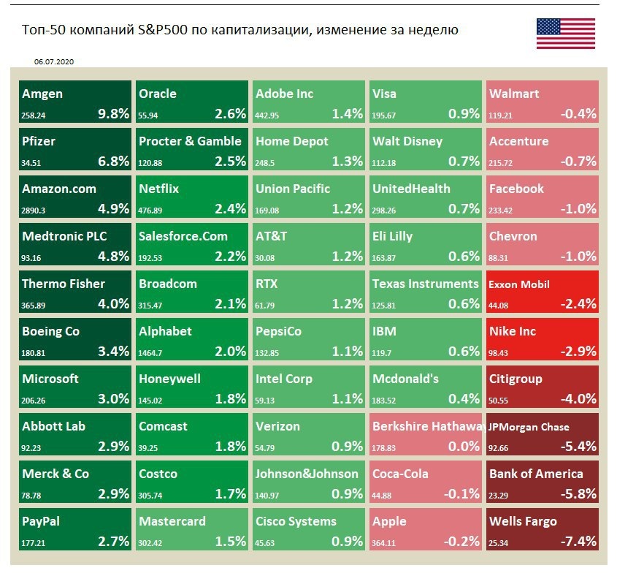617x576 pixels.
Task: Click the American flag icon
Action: pyautogui.click(x=565, y=34)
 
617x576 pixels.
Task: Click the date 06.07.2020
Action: pyautogui.click(x=54, y=63)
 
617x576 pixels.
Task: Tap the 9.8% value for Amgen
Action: pyautogui.click(x=113, y=113)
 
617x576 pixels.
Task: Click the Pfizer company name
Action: pyautogui.click(x=39, y=141)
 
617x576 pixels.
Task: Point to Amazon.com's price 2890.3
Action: pyautogui.click(x=34, y=210)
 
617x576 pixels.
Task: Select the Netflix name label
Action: pyautogui.click(x=160, y=189)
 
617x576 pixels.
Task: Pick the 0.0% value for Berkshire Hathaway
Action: pyautogui.click(x=464, y=446)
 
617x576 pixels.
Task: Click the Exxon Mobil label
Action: pyautogui.click(x=519, y=284)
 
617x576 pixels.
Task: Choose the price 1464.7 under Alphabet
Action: pyautogui.click(x=150, y=352)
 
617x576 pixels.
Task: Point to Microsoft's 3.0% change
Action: pyautogui.click(x=113, y=398)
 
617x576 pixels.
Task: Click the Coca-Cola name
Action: pyautogui.click(x=400, y=474)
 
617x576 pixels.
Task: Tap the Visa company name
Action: pyautogui.click(x=385, y=94)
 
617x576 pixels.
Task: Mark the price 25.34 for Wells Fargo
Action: pyautogui.click(x=499, y=542)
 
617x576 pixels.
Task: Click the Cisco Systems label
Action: pyautogui.click(x=296, y=521)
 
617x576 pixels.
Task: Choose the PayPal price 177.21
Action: pyautogui.click(x=34, y=542)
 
